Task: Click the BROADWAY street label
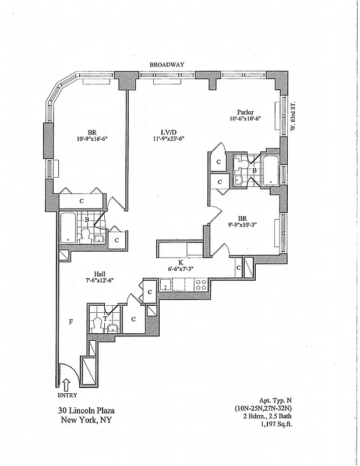click(166, 65)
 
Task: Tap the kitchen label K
click(180, 262)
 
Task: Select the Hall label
click(100, 272)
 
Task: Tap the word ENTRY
click(66, 394)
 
